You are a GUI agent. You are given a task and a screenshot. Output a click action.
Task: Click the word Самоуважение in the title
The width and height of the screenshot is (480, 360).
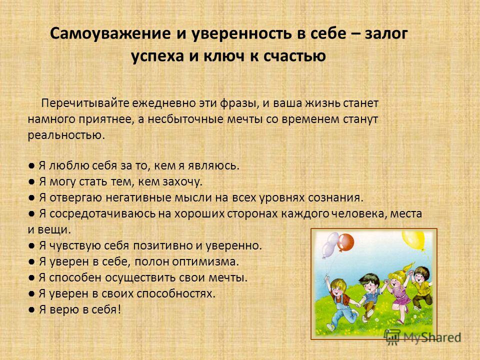(110, 33)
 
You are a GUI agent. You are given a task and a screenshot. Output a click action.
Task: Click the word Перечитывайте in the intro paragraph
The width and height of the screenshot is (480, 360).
(85, 103)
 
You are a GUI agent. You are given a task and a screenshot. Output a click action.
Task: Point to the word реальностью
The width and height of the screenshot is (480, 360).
(66, 135)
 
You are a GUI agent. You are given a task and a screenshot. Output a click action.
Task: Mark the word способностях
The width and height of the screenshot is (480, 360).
(176, 293)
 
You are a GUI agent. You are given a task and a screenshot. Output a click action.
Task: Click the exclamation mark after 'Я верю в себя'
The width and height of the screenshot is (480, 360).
(119, 309)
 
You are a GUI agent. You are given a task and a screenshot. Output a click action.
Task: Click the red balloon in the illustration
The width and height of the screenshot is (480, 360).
(345, 242)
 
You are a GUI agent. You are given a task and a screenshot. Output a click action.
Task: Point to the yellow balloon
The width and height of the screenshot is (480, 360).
(414, 239)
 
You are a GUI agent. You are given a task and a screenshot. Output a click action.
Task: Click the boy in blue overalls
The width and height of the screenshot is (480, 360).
(340, 303)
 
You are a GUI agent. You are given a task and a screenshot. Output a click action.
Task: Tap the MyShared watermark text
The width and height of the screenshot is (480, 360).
(432, 337)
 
